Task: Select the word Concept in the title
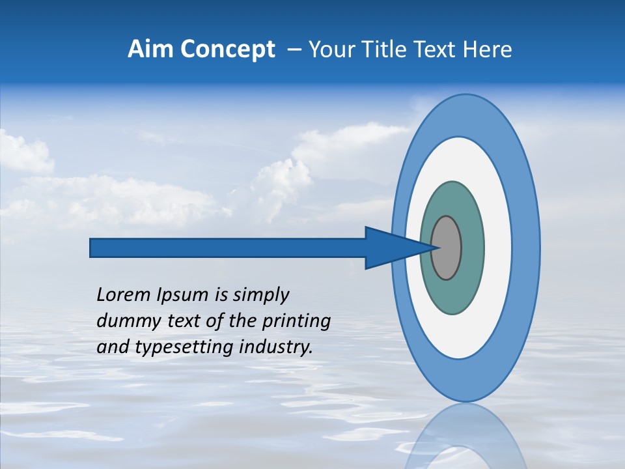(x=227, y=50)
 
